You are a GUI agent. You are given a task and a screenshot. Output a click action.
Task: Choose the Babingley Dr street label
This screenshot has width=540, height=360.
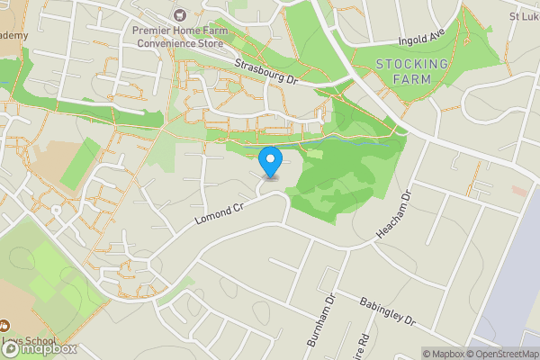[386, 312]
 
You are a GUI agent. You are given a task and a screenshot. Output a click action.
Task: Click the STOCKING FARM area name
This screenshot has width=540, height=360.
[412, 71]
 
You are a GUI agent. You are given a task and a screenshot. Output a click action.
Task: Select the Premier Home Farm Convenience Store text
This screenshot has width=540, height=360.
[177, 35]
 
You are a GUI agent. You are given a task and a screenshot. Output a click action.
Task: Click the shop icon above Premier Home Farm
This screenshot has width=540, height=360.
[178, 14]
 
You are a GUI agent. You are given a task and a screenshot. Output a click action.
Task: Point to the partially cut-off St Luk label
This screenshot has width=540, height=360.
[524, 16]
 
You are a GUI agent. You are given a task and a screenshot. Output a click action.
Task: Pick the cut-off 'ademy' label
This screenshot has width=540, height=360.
[13, 35]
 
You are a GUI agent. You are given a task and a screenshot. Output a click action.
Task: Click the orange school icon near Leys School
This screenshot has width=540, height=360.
[4, 325]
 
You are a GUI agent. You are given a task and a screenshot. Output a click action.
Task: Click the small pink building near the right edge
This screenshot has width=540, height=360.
[520, 191]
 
